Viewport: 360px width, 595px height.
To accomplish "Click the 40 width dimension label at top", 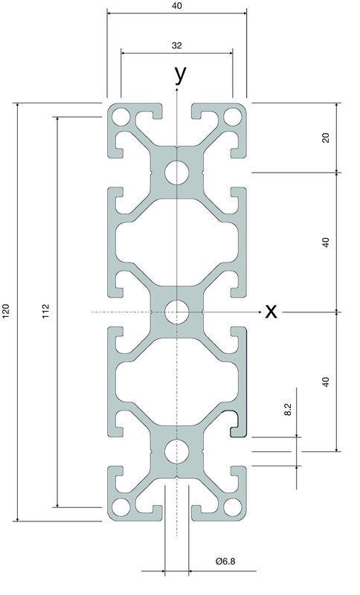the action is pyautogui.click(x=177, y=6).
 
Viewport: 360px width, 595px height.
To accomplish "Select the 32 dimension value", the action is pyautogui.click(x=177, y=45).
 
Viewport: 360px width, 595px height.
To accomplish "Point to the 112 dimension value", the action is pyautogui.click(x=45, y=311).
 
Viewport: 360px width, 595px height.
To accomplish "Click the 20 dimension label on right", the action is pyautogui.click(x=326, y=138).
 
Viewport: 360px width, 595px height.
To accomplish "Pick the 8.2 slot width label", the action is pyautogui.click(x=288, y=410).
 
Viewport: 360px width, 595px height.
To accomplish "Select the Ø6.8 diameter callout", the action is pyautogui.click(x=225, y=561).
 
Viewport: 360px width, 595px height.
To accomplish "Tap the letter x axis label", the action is pyautogui.click(x=271, y=312).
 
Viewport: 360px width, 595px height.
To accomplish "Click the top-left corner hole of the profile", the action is pyautogui.click(x=121, y=117).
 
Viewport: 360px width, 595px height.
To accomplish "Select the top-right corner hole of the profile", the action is pyautogui.click(x=233, y=117).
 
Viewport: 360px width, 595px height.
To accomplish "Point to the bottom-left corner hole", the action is pyautogui.click(x=121, y=507).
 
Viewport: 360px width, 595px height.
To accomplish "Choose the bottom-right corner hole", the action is pyautogui.click(x=233, y=507).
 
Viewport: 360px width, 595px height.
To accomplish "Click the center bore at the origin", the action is pyautogui.click(x=177, y=312).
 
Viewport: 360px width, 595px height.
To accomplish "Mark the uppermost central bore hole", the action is pyautogui.click(x=177, y=173).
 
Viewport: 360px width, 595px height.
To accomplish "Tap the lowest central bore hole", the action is pyautogui.click(x=177, y=451).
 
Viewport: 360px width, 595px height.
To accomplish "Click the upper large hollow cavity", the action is pyautogui.click(x=177, y=242).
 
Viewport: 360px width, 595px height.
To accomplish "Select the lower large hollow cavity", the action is pyautogui.click(x=177, y=382).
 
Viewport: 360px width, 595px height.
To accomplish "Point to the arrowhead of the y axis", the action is pyautogui.click(x=177, y=89).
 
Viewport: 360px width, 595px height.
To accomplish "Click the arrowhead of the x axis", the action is pyautogui.click(x=260, y=312).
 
